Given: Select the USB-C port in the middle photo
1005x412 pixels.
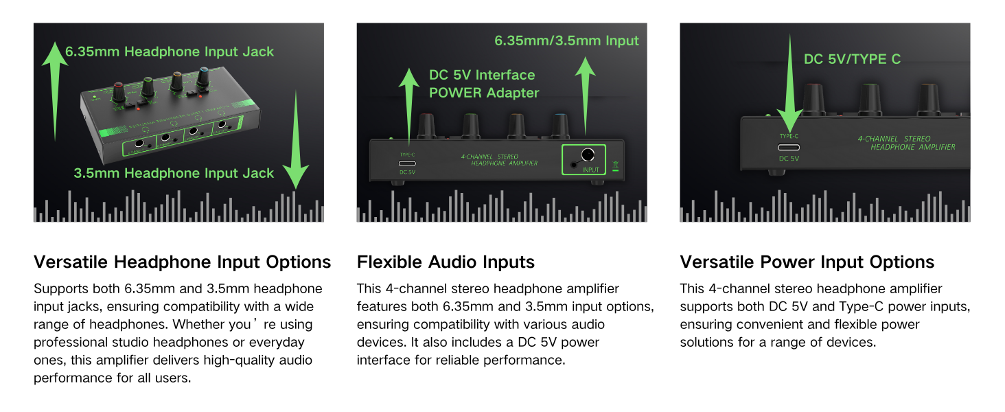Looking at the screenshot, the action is coord(407,163).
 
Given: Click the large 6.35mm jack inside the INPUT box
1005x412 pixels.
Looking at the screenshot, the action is coord(588,155).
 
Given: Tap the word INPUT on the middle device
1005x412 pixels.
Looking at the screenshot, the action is coord(590,170).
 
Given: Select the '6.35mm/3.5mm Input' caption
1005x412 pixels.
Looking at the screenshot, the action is coord(566,41).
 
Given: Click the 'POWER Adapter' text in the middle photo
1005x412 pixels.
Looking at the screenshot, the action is coord(484,93).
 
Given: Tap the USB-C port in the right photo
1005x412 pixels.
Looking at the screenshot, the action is coord(789,147).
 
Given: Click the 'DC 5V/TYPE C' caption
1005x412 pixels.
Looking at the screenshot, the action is coord(852,59).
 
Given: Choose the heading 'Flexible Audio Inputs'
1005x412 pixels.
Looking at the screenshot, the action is coord(446,262).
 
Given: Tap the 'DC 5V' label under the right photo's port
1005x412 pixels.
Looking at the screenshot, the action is coord(789,159).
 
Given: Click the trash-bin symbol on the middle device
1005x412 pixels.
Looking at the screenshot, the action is coord(615,165).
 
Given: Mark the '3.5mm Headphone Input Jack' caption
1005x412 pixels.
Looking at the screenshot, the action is coord(174,173).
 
